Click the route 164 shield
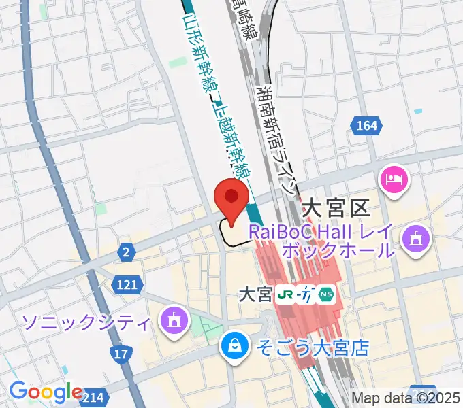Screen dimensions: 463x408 [x=366, y=125]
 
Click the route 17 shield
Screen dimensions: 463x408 [x=121, y=354]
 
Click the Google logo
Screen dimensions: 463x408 [x=46, y=392]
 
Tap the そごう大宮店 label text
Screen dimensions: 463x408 [x=313, y=349]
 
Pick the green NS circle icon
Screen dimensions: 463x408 [x=328, y=294]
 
